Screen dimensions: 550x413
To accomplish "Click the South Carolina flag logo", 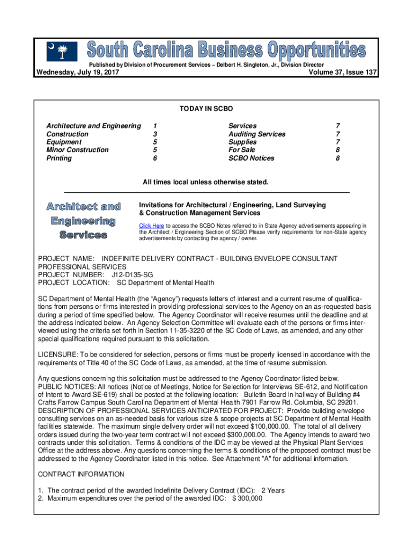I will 58,52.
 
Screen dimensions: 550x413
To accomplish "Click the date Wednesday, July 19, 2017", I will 77,73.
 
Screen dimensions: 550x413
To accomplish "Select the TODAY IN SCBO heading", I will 206,109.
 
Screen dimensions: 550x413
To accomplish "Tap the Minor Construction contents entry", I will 78,150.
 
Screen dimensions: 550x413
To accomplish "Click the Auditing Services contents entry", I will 257,134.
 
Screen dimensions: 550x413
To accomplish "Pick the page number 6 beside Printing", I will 154,158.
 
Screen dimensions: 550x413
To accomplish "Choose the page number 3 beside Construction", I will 154,134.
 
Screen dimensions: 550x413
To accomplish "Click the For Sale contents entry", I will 242,150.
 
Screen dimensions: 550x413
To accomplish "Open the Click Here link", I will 151,226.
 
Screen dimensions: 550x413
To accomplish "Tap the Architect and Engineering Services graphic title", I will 83,221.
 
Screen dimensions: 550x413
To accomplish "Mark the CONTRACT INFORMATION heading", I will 81,474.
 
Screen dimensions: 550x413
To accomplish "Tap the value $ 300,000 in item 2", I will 247,498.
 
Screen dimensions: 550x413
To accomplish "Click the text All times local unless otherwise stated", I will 205,183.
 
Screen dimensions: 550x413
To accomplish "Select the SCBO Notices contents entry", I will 251,158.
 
